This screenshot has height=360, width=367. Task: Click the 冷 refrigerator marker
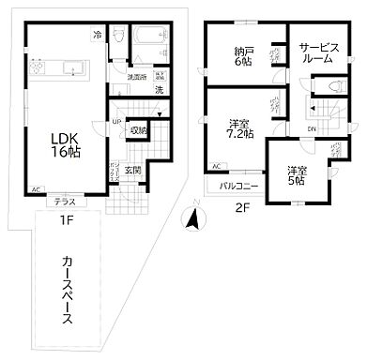coord(98,37)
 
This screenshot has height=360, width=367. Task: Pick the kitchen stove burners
coord(44,67)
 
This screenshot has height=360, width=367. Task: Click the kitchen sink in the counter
coord(73,67)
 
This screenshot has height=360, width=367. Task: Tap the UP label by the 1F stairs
coord(116,122)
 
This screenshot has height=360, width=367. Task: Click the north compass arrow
coord(192,218)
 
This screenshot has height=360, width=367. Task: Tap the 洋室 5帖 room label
coord(296,174)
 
